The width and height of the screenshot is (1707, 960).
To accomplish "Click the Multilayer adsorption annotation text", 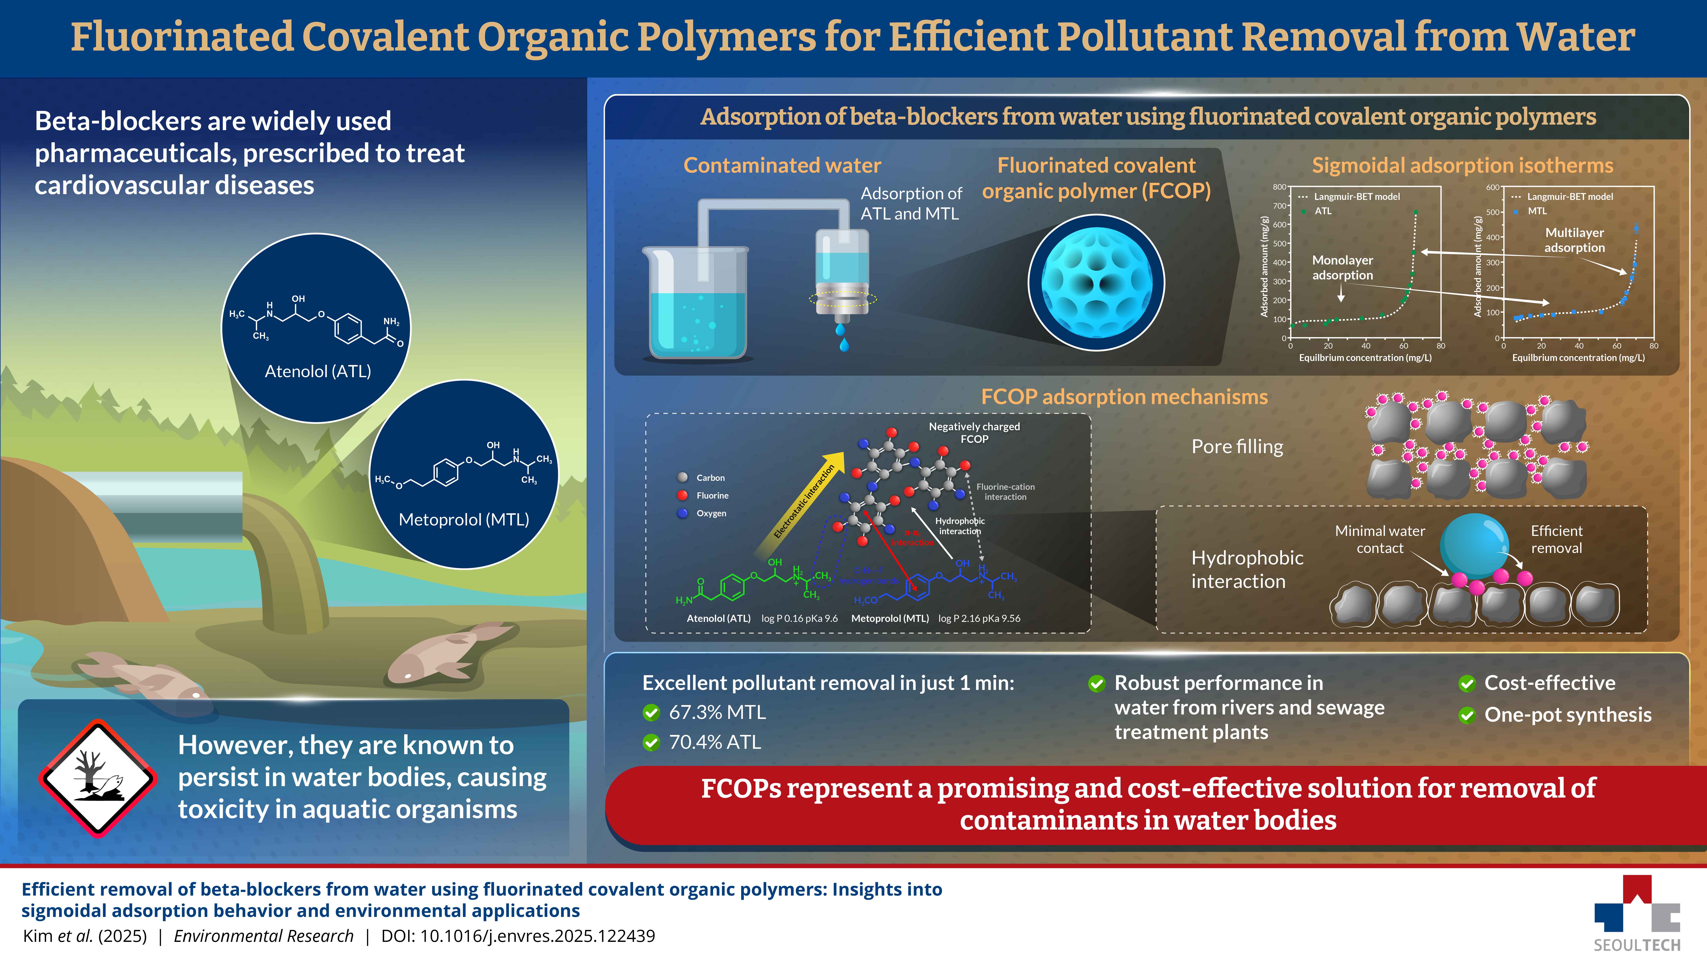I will (1574, 240).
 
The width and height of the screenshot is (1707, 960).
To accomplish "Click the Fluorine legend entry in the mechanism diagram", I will (712, 496).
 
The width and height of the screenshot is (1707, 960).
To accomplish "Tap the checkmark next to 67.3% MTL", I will (651, 713).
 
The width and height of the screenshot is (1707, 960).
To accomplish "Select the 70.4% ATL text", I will (714, 742).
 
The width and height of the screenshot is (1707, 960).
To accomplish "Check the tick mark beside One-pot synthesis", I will (1467, 716).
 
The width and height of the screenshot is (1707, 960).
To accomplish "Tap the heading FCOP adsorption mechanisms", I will (1124, 397).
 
